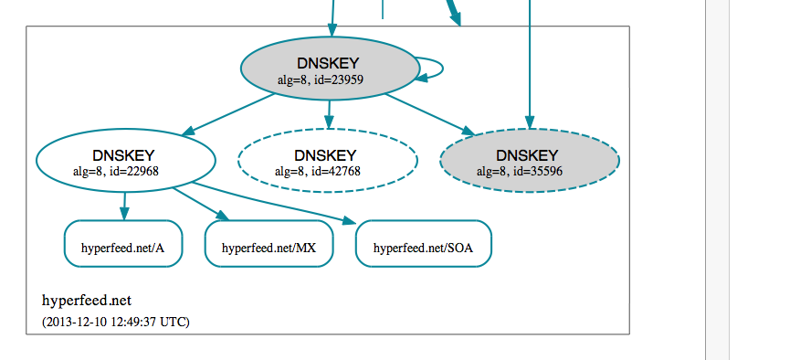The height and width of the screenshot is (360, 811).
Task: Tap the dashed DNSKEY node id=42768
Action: [x=327, y=161]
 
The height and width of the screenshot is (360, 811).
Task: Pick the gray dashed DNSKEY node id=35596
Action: [x=530, y=161]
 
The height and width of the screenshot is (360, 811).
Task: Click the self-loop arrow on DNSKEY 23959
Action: [x=441, y=68]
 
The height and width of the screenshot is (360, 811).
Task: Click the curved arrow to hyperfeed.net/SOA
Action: [x=274, y=204]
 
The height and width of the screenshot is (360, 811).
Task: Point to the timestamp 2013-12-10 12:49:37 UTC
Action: [x=116, y=322]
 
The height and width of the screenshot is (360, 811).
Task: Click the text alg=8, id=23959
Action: [x=327, y=79]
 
